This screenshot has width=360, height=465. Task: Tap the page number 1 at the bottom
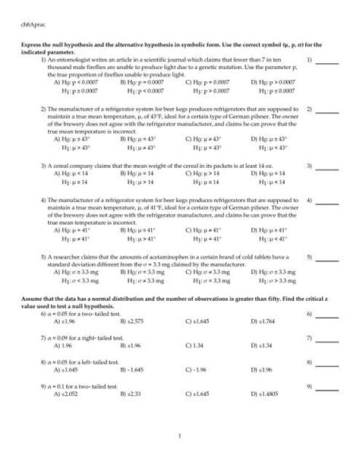click(x=180, y=436)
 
